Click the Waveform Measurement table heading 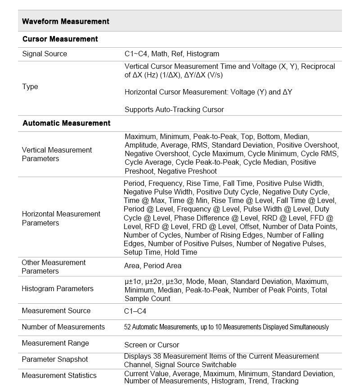coord(66,21)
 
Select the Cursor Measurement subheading coord(60,39)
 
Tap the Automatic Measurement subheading coord(66,123)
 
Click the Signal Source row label coord(45,54)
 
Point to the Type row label coord(30,86)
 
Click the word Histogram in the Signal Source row coord(203,54)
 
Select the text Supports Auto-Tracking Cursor coord(174,109)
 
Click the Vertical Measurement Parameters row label coord(57,154)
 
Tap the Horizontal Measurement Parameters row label coord(61,218)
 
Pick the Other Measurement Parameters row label coord(53,266)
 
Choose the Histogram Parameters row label coord(58,288)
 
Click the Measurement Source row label coord(56,310)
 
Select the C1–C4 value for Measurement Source coord(135,311)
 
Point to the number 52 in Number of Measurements coord(127,327)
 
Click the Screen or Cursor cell coord(152,345)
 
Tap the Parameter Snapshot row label coord(55,359)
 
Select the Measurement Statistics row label coord(59,375)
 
